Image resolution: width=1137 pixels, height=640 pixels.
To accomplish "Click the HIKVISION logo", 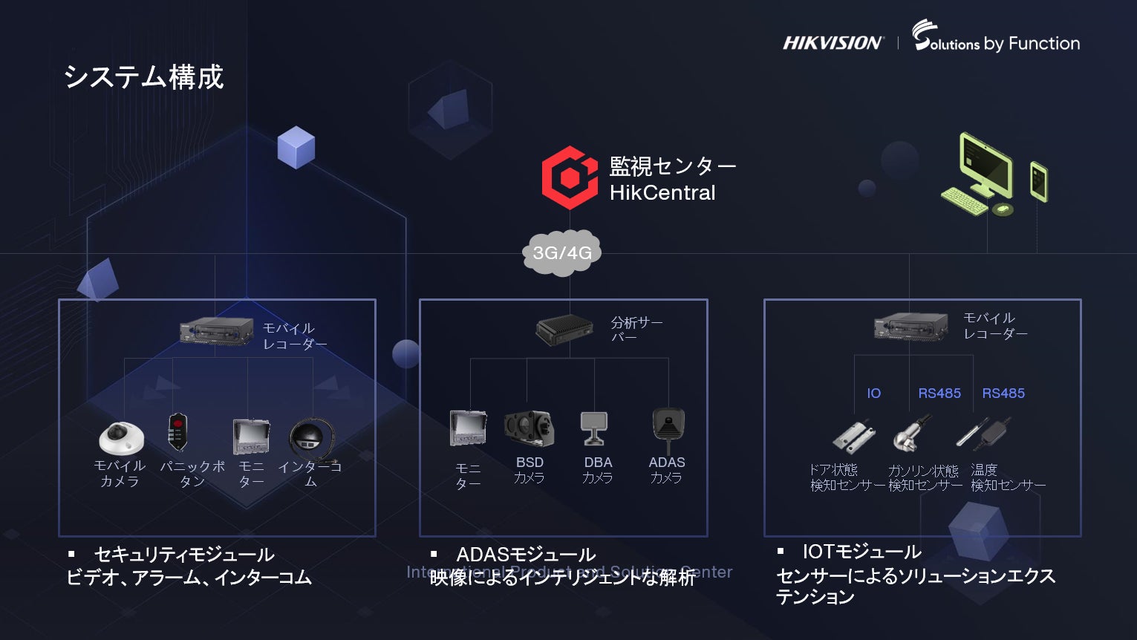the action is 833,43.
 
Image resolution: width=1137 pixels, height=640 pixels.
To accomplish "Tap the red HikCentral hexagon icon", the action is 569,177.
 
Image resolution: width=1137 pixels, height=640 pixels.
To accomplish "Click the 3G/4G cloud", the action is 562,253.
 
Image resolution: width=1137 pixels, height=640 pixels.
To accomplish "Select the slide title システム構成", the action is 143,77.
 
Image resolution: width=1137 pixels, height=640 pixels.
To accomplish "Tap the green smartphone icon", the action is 1038,181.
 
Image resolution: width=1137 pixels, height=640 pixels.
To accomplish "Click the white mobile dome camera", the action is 121,437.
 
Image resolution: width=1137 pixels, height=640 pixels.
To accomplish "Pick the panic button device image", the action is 177,432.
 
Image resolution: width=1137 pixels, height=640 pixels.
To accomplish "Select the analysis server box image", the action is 564,329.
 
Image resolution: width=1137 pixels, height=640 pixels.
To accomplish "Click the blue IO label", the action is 873,394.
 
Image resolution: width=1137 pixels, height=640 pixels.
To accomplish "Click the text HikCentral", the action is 662,193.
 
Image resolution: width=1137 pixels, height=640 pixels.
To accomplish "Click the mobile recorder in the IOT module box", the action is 911,326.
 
